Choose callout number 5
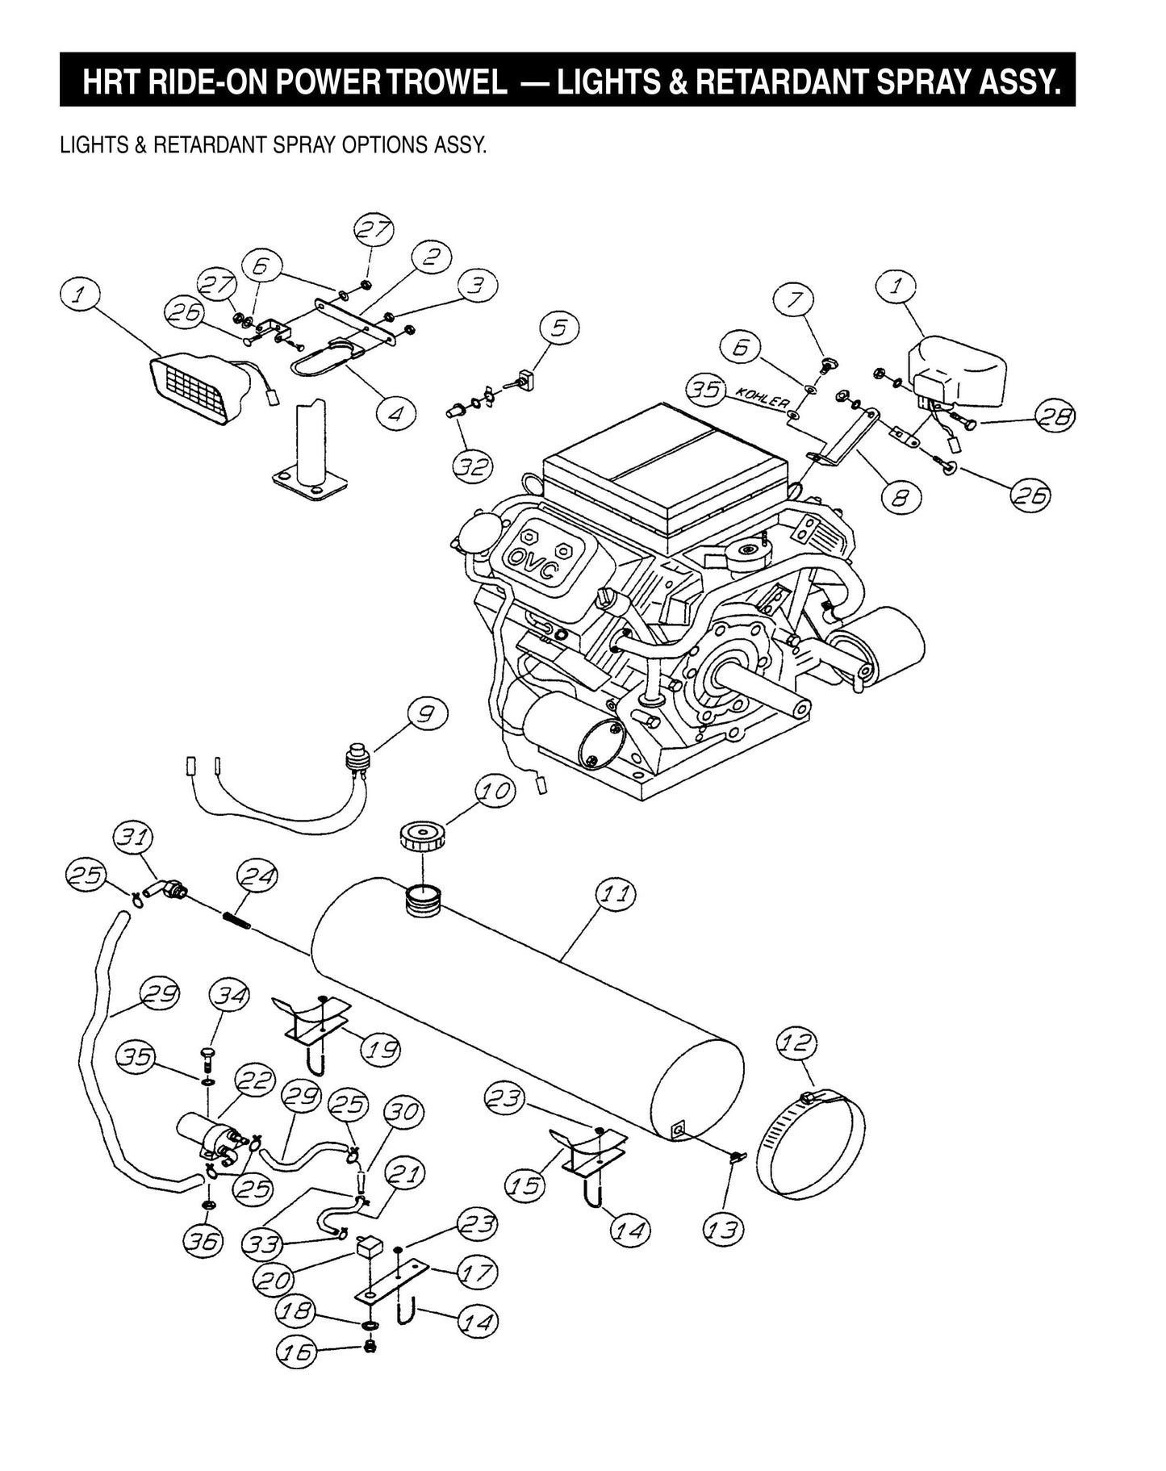point(559,327)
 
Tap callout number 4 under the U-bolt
point(395,412)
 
